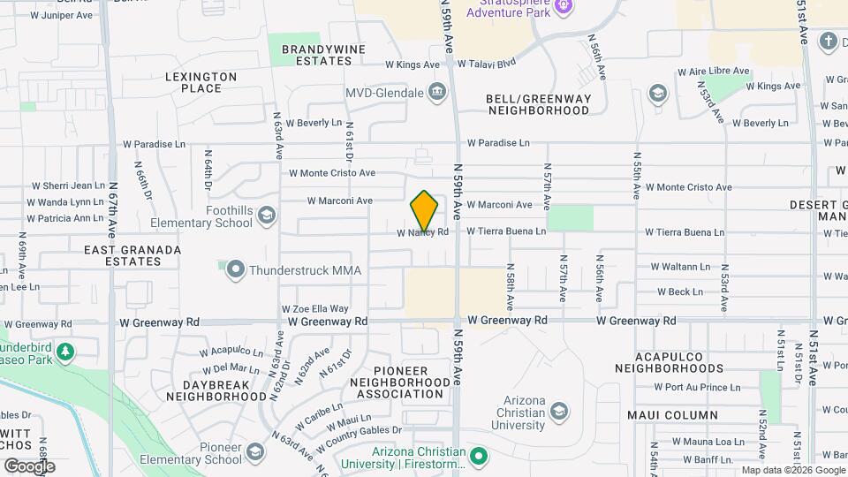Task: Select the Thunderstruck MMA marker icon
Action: pyautogui.click(x=234, y=269)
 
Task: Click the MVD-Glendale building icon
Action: pyautogui.click(x=436, y=92)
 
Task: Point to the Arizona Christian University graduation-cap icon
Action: pyautogui.click(x=558, y=412)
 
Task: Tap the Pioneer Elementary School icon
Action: pyautogui.click(x=255, y=453)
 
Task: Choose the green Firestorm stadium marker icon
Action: pyautogui.click(x=479, y=457)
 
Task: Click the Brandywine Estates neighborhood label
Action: pyautogui.click(x=317, y=55)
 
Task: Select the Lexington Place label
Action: pyautogui.click(x=201, y=82)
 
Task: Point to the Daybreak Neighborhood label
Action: pyautogui.click(x=212, y=391)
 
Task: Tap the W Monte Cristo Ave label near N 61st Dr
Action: pyautogui.click(x=331, y=173)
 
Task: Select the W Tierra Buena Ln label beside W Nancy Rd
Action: pyautogui.click(x=506, y=231)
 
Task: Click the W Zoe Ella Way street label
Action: pyautogui.click(x=314, y=309)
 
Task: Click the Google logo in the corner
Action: pyautogui.click(x=30, y=466)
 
